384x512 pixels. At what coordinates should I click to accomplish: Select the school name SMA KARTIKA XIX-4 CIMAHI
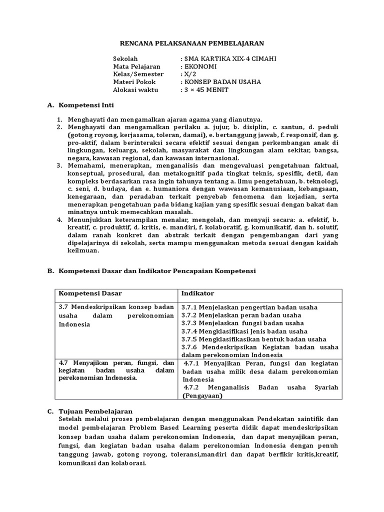[229, 58]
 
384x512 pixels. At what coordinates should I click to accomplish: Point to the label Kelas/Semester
[138, 74]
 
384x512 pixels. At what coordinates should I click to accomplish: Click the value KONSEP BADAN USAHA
[222, 82]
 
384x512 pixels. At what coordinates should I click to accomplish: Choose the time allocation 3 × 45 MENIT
[206, 89]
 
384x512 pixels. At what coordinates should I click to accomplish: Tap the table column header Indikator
[197, 293]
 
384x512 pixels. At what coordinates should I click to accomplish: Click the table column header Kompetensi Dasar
[90, 293]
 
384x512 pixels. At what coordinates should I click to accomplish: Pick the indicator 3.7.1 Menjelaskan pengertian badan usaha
[249, 307]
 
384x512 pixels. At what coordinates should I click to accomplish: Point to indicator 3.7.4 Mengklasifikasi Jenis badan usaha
[244, 331]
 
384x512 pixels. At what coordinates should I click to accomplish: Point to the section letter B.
[50, 270]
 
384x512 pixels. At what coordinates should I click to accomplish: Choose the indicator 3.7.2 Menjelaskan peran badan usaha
[241, 315]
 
